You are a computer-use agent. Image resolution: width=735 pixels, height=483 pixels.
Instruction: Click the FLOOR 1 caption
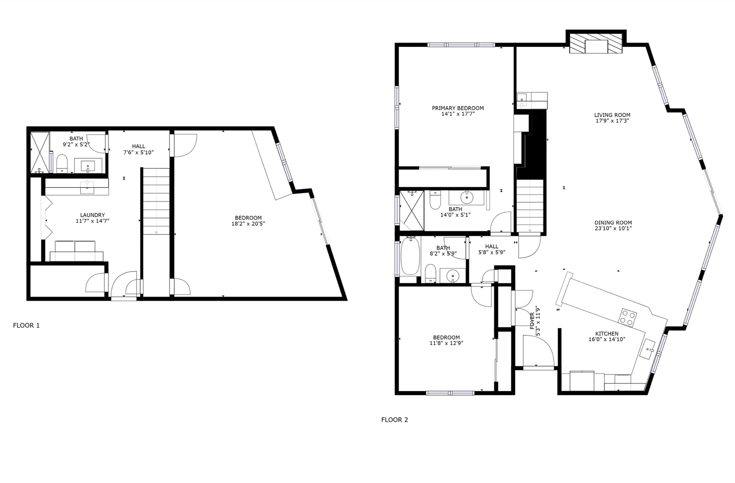click(x=26, y=325)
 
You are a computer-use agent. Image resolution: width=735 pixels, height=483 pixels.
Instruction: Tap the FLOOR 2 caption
click(x=395, y=420)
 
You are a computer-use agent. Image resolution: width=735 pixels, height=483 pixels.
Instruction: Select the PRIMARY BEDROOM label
click(x=458, y=108)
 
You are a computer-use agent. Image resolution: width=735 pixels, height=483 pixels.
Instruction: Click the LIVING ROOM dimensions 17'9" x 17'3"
click(x=612, y=121)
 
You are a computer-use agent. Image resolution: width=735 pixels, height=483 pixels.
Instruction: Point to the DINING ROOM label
click(x=613, y=223)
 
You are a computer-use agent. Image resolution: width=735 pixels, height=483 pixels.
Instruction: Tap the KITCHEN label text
click(x=607, y=333)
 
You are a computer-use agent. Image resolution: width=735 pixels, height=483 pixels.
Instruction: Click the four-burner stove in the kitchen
click(x=628, y=317)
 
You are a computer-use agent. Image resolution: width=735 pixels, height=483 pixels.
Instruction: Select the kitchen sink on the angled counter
click(x=647, y=350)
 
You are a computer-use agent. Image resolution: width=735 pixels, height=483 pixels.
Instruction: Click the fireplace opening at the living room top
click(x=597, y=47)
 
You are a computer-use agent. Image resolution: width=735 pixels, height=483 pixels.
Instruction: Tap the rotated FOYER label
click(x=532, y=321)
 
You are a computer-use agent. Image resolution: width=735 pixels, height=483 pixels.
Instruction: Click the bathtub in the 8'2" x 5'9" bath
click(x=410, y=256)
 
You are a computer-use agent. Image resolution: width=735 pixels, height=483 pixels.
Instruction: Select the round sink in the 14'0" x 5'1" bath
click(x=466, y=197)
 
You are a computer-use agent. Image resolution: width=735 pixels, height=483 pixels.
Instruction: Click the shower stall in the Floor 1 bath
click(x=40, y=152)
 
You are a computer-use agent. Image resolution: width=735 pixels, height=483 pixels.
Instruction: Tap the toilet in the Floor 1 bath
click(x=62, y=164)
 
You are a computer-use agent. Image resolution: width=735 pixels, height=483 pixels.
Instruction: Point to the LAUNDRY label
click(x=92, y=215)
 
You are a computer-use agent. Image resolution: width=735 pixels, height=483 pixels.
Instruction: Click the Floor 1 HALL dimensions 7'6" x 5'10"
click(x=138, y=152)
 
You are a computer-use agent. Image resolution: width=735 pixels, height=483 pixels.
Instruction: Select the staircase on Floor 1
click(x=156, y=201)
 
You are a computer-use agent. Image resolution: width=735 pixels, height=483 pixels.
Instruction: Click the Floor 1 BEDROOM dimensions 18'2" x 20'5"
click(x=249, y=224)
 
